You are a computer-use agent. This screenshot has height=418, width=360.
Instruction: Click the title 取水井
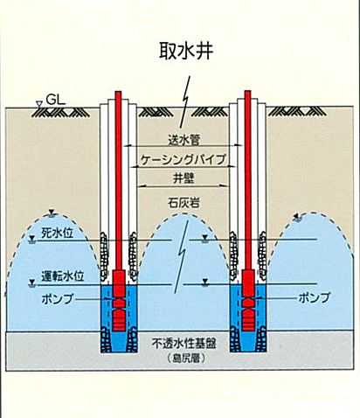[x=186, y=51]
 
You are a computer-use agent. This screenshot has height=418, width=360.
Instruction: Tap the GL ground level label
[x=56, y=101]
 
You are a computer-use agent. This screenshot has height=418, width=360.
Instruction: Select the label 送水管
[x=183, y=140]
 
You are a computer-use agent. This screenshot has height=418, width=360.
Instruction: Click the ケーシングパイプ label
[x=183, y=159]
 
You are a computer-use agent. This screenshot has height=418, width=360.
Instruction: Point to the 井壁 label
[x=183, y=178]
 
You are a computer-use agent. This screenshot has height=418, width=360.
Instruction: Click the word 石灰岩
[x=183, y=203]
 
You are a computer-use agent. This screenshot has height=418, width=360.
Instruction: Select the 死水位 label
[x=58, y=233]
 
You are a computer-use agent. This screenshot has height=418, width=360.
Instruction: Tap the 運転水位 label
[x=63, y=276]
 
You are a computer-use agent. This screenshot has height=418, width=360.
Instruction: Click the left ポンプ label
[x=58, y=299]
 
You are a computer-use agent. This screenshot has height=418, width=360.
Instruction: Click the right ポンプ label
[x=315, y=298]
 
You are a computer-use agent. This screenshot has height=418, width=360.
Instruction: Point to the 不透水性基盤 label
[x=184, y=344]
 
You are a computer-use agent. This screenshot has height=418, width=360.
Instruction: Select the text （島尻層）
[x=184, y=359]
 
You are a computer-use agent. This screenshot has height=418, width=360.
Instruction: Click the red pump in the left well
[x=119, y=301]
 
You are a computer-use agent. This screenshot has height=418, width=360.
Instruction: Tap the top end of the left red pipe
[x=118, y=92]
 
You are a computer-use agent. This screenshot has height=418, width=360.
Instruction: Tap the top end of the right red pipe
[x=247, y=91]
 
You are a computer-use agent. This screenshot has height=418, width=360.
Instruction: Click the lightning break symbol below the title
[x=185, y=102]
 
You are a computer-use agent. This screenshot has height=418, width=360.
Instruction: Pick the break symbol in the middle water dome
[x=182, y=256]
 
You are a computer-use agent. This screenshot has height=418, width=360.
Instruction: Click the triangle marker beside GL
[x=38, y=103]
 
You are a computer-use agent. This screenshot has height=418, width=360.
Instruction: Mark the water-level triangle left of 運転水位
[x=32, y=282]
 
